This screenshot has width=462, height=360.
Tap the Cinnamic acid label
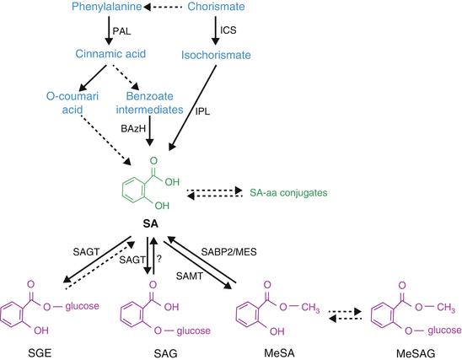click(x=109, y=56)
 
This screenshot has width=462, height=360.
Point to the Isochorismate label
click(x=212, y=56)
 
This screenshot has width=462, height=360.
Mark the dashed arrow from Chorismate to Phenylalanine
click(x=167, y=8)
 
